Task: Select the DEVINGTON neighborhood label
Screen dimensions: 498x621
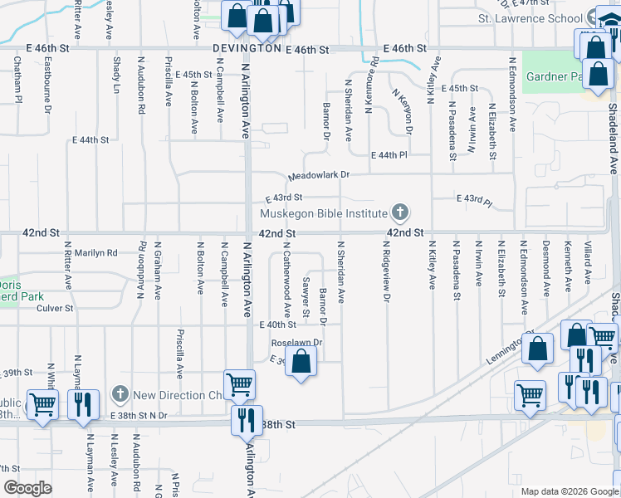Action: [247, 49]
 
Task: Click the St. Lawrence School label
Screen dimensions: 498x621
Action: [530, 18]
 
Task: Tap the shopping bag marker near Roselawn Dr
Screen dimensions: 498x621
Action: [301, 362]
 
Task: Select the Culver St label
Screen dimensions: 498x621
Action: [56, 308]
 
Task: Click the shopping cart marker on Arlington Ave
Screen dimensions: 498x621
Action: [239, 384]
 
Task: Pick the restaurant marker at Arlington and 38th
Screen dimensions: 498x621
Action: [247, 419]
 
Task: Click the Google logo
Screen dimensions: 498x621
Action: [27, 488]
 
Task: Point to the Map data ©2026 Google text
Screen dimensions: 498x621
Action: [570, 491]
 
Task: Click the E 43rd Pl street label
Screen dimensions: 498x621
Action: [474, 200]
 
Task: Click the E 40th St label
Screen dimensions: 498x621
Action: [277, 325]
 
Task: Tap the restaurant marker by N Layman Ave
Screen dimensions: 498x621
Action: [83, 404]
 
